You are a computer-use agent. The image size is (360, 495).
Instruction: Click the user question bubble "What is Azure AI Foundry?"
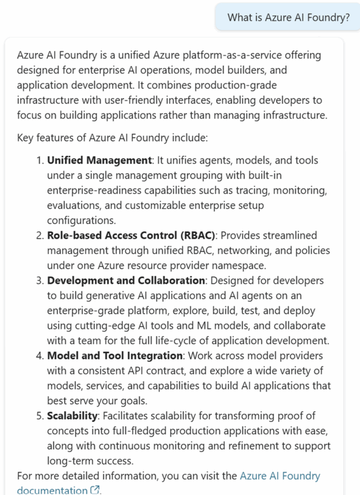pyautogui.click(x=288, y=17)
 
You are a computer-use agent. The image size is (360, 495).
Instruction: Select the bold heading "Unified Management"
pyautogui.click(x=99, y=160)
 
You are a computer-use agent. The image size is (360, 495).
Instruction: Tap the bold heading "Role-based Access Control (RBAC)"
pyautogui.click(x=131, y=235)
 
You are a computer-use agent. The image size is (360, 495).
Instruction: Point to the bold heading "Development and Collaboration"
pyautogui.click(x=126, y=280)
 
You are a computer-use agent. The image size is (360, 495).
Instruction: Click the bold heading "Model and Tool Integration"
pyautogui.click(x=115, y=356)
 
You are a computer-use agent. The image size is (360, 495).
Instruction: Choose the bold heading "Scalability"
pyautogui.click(x=72, y=416)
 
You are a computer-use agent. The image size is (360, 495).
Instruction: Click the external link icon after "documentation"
pyautogui.click(x=95, y=490)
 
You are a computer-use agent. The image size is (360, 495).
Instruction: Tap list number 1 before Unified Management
pyautogui.click(x=40, y=160)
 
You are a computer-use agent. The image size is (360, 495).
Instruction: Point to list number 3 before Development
pyautogui.click(x=40, y=280)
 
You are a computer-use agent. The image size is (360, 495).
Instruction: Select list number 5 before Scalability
pyautogui.click(x=40, y=416)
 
